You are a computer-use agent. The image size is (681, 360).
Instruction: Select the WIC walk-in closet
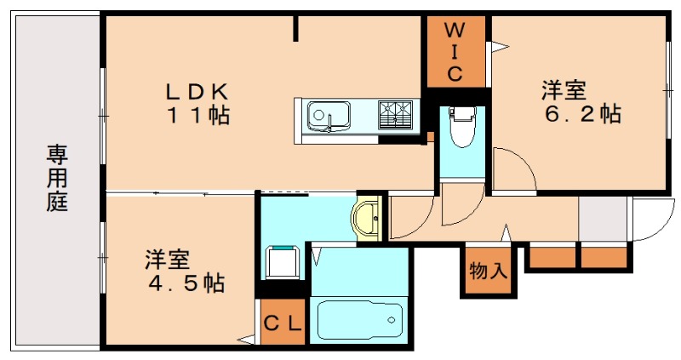point(455,51)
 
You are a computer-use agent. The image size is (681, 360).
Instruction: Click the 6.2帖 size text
point(582,112)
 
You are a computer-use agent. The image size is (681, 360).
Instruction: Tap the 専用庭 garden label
point(57,179)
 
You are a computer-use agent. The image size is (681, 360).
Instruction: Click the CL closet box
point(282,323)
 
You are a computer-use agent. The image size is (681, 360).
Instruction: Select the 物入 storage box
point(488,272)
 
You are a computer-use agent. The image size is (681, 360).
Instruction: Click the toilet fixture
point(462,128)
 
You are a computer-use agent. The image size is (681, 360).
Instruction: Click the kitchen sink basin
point(328,114)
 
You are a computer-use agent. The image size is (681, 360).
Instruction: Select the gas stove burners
point(395,114)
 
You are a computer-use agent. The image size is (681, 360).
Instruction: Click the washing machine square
point(282,262)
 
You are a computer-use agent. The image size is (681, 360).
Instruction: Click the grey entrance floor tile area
point(602,220)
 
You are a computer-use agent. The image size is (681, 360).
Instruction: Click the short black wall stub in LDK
point(297,29)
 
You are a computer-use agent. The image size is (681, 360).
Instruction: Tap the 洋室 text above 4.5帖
point(167,257)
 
